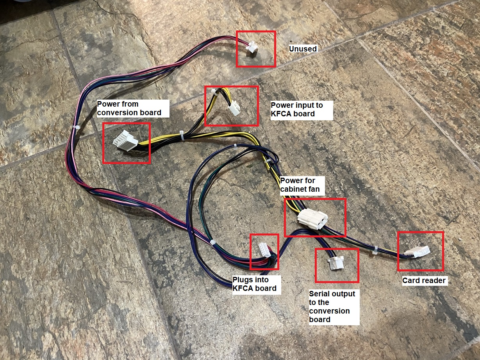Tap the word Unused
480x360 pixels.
pyautogui.click(x=303, y=49)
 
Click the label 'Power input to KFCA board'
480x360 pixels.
pyautogui.click(x=302, y=110)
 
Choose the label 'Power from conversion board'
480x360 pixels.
pyautogui.click(x=129, y=108)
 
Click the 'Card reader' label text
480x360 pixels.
pyautogui.click(x=424, y=280)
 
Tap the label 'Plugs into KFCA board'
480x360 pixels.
pyautogui.click(x=255, y=284)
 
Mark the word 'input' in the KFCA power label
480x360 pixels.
pyautogui.click(x=300, y=105)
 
